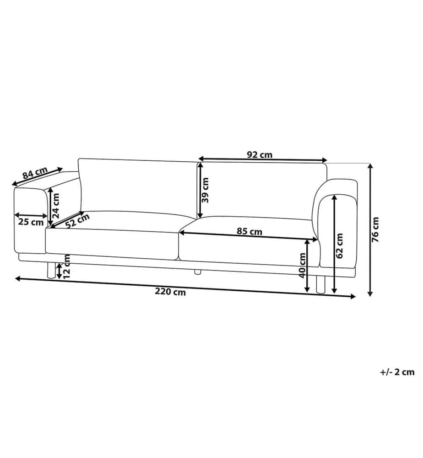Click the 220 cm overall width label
tap(170, 292)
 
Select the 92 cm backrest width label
tap(260, 154)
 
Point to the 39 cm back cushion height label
tap(205, 190)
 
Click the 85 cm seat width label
tap(249, 231)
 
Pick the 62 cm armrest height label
tap(340, 245)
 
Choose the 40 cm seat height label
tap(303, 265)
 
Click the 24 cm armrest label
tap(55, 206)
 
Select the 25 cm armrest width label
tap(31, 222)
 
